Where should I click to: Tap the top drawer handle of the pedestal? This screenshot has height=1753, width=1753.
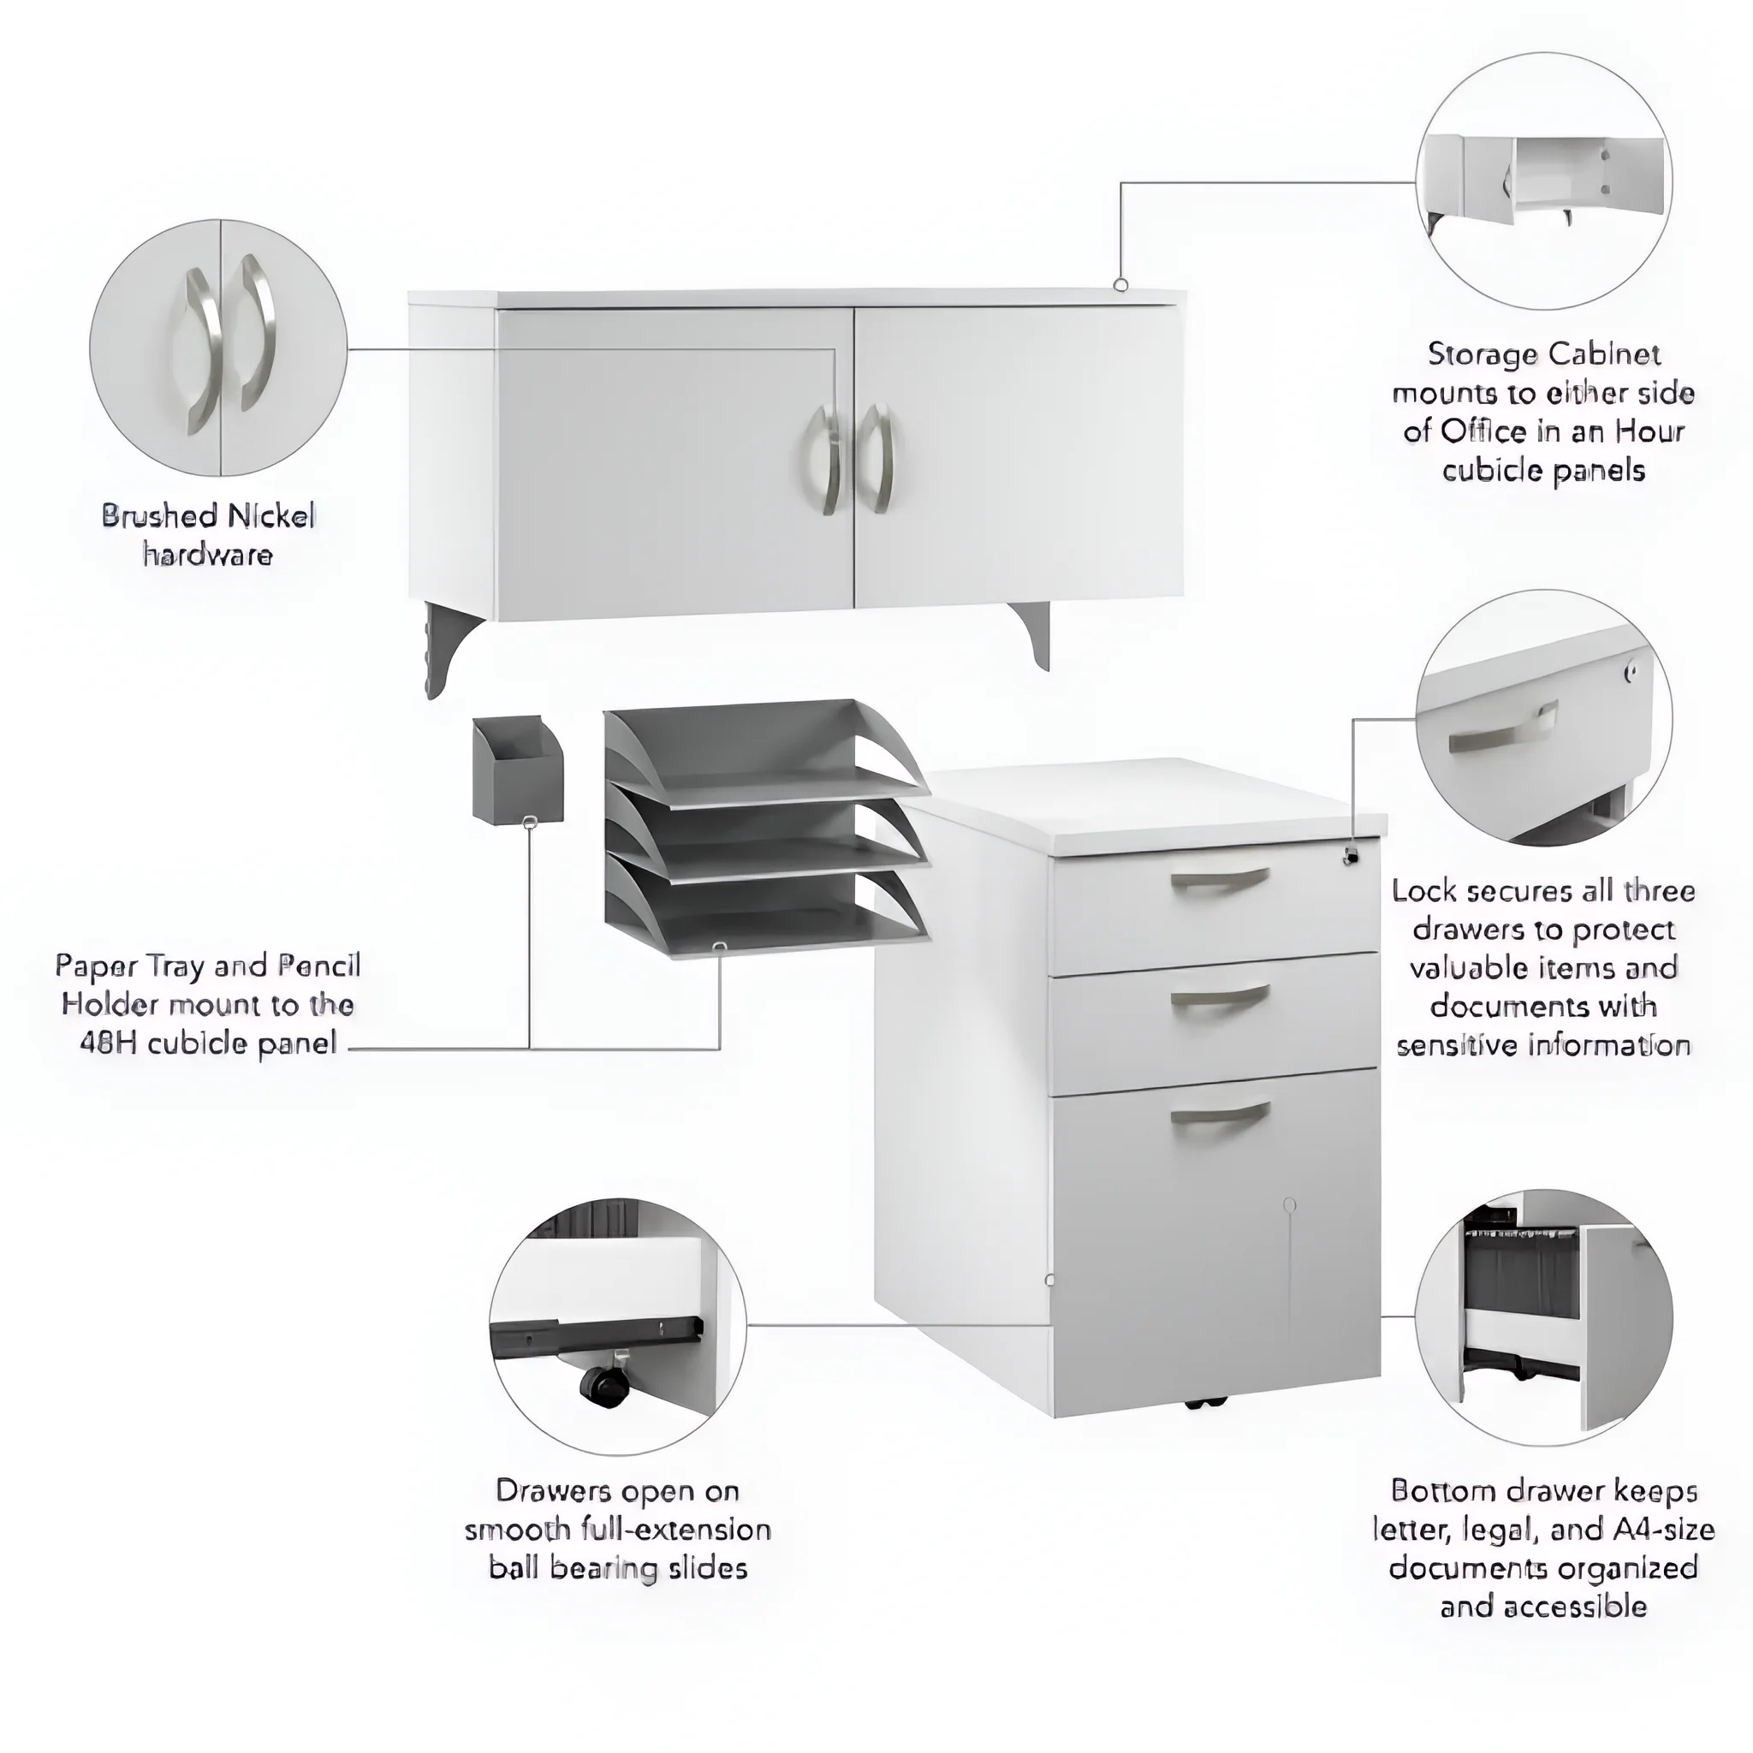coord(1220,880)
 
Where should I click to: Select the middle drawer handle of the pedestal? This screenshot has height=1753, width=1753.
coord(1220,997)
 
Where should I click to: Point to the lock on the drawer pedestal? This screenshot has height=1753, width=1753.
coord(1350,855)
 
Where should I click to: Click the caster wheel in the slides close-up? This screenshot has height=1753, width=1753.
coord(600,1386)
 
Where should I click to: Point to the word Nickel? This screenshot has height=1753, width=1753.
coord(270,516)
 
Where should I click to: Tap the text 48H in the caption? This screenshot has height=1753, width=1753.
coord(109,1043)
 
